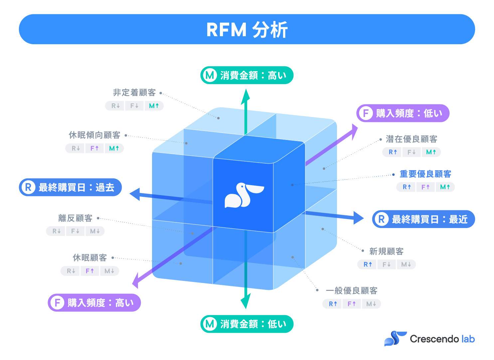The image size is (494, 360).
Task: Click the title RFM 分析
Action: (x=247, y=30)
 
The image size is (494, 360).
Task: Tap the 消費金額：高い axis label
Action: (x=247, y=75)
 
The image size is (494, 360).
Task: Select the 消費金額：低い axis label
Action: (x=247, y=324)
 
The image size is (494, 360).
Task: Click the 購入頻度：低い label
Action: (x=403, y=113)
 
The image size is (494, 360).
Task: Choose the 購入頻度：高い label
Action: (x=94, y=303)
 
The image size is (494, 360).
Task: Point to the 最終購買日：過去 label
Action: (x=71, y=187)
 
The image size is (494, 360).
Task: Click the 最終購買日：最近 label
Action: (x=423, y=219)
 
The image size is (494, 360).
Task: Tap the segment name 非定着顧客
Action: (x=134, y=92)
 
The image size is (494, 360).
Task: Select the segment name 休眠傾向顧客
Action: (x=94, y=135)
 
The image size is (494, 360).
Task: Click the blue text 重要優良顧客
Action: (x=425, y=174)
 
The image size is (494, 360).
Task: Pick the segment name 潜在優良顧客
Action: (x=411, y=139)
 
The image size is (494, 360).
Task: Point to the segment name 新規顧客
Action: (x=386, y=251)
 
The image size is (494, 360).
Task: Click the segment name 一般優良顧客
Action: (x=351, y=291)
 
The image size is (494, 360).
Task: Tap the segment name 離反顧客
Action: (x=75, y=218)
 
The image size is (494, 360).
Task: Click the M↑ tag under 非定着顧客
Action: (x=154, y=106)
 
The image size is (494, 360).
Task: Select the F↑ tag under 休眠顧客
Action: (x=90, y=271)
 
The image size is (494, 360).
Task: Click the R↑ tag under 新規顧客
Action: (x=368, y=264)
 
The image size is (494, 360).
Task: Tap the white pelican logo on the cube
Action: (x=244, y=195)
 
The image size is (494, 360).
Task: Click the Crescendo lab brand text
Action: (x=442, y=339)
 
